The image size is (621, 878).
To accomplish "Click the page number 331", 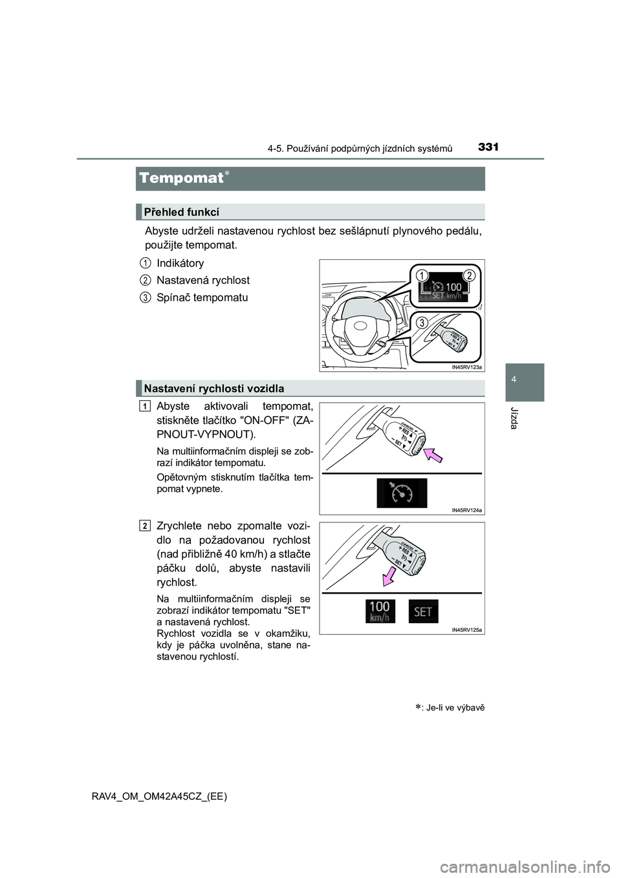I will point(488,147).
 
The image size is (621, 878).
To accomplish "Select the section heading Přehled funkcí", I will point(181,212).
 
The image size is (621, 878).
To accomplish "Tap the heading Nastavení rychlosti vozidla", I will point(214,389).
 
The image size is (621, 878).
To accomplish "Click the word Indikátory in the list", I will point(180,263).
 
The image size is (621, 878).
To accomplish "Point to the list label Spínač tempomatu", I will point(202,297).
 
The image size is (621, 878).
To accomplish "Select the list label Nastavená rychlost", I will point(203,280).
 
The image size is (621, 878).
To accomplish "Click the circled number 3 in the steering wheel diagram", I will point(422,323).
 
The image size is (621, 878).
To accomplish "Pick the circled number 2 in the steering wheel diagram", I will point(468,275).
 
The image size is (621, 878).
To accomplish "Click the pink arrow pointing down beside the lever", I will point(389,574).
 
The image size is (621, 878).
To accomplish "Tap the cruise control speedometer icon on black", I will point(402,493).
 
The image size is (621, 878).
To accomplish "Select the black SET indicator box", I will point(423,612).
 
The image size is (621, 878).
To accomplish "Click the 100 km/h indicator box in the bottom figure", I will point(379,611).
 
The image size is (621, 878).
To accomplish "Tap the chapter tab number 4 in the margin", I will point(514,380).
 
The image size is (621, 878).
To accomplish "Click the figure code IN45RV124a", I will point(467,510).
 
